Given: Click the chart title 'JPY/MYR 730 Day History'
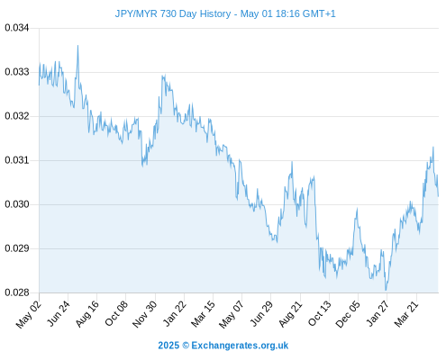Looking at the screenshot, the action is (x=173, y=13).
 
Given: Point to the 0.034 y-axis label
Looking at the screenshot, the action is (x=17, y=28).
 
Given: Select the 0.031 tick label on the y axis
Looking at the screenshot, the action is (x=17, y=160).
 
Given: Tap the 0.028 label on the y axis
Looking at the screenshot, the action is (x=17, y=292).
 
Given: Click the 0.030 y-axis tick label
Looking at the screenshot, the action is (x=17, y=204).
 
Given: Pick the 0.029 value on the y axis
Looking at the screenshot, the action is (x=17, y=248).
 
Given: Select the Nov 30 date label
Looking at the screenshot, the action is (x=144, y=314).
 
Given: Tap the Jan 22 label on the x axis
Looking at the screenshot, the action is (x=174, y=313).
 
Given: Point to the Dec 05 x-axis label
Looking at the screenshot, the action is (x=348, y=314).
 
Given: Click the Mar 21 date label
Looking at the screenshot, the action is (x=406, y=314).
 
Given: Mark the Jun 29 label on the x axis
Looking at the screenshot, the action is (x=261, y=313).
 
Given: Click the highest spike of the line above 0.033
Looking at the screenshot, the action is (x=77, y=46).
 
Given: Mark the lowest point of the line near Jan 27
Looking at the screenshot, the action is (x=386, y=290).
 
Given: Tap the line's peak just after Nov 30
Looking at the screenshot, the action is (x=165, y=76).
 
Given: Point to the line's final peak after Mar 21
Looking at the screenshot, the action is (x=433, y=147).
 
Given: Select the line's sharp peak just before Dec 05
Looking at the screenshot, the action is (x=357, y=209).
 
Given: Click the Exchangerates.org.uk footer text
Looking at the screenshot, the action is (x=240, y=346).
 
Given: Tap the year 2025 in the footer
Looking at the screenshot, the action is (x=168, y=346).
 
